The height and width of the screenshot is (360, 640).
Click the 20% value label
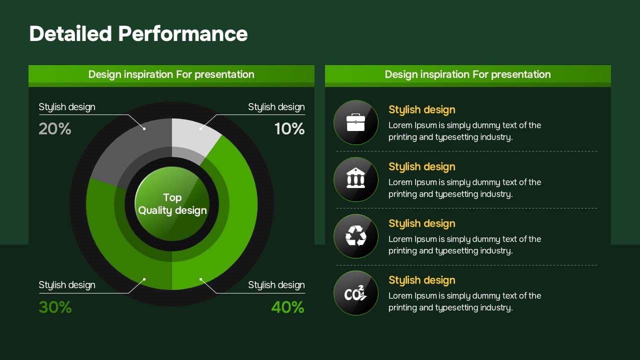click(55, 129)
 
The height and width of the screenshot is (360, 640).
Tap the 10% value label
click(289, 129)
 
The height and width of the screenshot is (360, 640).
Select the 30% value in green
click(55, 307)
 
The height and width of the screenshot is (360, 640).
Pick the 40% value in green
click(287, 307)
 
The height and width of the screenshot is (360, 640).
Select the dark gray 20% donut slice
click(134, 148)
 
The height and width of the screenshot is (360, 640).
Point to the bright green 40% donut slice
click(228, 217)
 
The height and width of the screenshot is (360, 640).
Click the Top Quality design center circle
click(172, 203)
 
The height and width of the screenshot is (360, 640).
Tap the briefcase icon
click(355, 122)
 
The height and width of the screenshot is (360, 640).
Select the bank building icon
click(355, 178)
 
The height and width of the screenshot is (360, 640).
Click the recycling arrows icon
click(355, 235)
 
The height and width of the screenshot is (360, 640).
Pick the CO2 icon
click(355, 293)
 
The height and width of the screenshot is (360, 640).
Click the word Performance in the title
click(183, 33)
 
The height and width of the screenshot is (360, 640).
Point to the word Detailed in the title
click(70, 33)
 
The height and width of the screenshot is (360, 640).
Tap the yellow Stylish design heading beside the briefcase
click(421, 109)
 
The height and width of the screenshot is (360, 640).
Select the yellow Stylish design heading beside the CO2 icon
click(421, 280)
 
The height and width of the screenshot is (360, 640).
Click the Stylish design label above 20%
click(67, 107)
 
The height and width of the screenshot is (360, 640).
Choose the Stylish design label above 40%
click(276, 285)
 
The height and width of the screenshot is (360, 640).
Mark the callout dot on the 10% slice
click(200, 129)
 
